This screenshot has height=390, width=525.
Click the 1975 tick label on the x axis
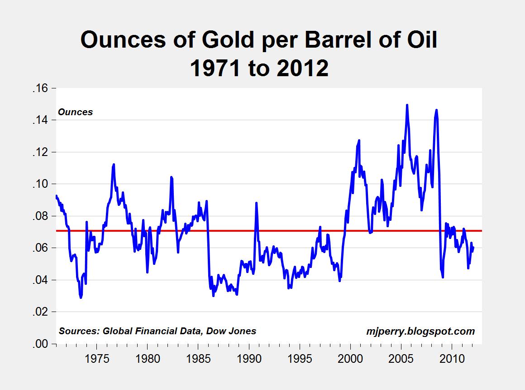pyautogui.click(x=97, y=359)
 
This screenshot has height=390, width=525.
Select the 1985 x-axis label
pyautogui.click(x=199, y=359)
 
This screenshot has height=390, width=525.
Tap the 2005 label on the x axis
pyautogui.click(x=401, y=359)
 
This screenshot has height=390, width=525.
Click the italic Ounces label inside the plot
pyautogui.click(x=75, y=112)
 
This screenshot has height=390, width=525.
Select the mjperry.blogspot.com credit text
pyautogui.click(x=420, y=331)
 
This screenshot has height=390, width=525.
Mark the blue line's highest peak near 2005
pyautogui.click(x=407, y=105)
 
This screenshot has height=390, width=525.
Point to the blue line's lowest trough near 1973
pyautogui.click(x=81, y=297)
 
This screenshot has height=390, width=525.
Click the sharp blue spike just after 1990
pyautogui.click(x=256, y=203)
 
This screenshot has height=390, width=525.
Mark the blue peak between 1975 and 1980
pyautogui.click(x=114, y=164)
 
